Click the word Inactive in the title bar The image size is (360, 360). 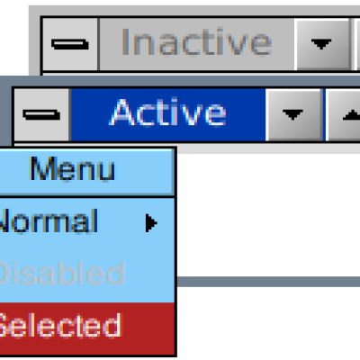(196, 42)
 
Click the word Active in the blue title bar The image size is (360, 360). (168, 112)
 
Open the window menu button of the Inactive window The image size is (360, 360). (70, 44)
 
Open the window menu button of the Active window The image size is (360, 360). (41, 115)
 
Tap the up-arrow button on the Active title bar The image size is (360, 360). (344, 115)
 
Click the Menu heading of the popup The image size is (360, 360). (72, 169)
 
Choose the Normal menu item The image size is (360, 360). (48, 221)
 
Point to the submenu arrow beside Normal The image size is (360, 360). (151, 223)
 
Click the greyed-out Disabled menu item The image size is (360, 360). (61, 273)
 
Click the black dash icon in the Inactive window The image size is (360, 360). (70, 44)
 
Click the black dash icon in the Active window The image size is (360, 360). (41, 115)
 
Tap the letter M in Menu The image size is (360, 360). (41, 168)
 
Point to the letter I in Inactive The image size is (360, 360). (124, 41)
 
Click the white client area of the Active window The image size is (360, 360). (267, 214)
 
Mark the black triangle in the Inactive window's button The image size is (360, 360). (321, 44)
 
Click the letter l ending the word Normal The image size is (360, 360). (95, 220)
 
